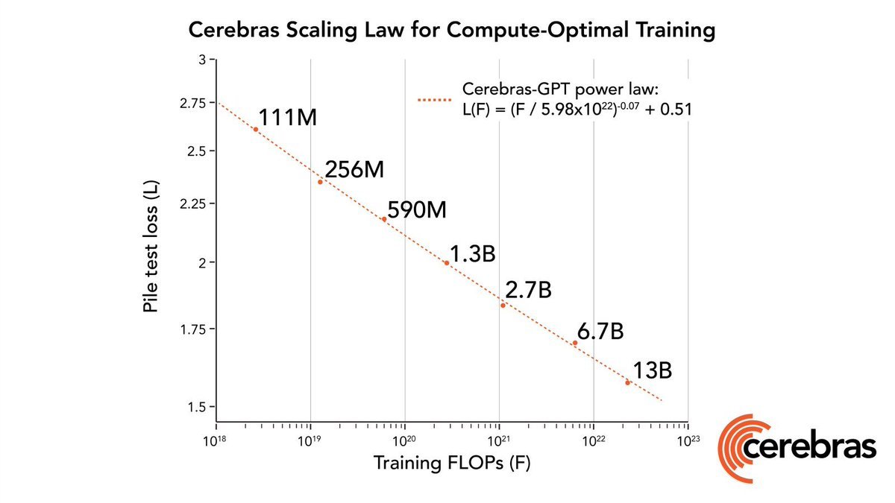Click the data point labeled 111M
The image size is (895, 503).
256,129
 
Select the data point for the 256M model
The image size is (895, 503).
320,182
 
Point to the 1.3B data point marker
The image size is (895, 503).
447,263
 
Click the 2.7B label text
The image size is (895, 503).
528,290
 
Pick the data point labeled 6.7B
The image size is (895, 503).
575,343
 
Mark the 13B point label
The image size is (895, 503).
653,371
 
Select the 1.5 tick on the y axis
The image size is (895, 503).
196,407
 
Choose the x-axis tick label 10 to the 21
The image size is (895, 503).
499,440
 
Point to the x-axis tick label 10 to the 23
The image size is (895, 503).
688,440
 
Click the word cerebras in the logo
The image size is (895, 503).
809,448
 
